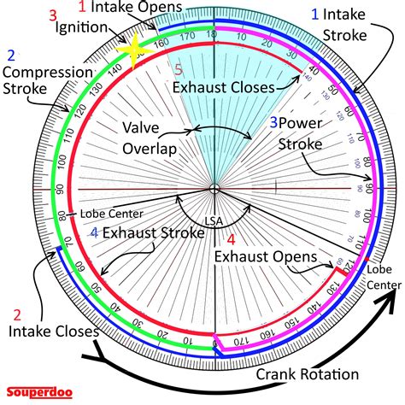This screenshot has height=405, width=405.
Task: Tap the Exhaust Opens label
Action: (x=265, y=256)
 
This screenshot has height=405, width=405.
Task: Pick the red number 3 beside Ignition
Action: (x=53, y=15)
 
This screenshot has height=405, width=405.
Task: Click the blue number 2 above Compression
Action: (x=9, y=55)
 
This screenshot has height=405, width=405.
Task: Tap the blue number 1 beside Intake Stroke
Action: (x=315, y=14)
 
